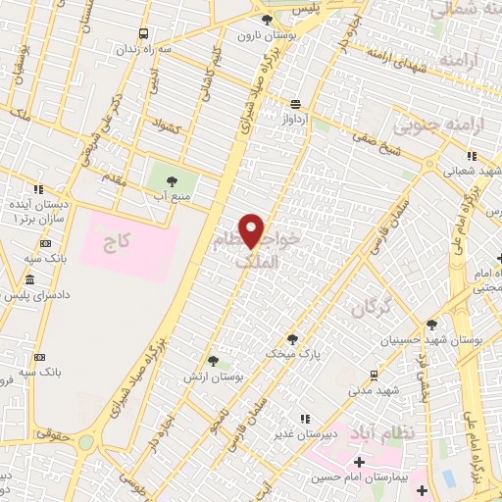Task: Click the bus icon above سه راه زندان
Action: point(145,33)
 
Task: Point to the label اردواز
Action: point(296,119)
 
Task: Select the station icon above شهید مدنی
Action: point(374,375)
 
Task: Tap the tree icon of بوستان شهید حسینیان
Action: point(430,325)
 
